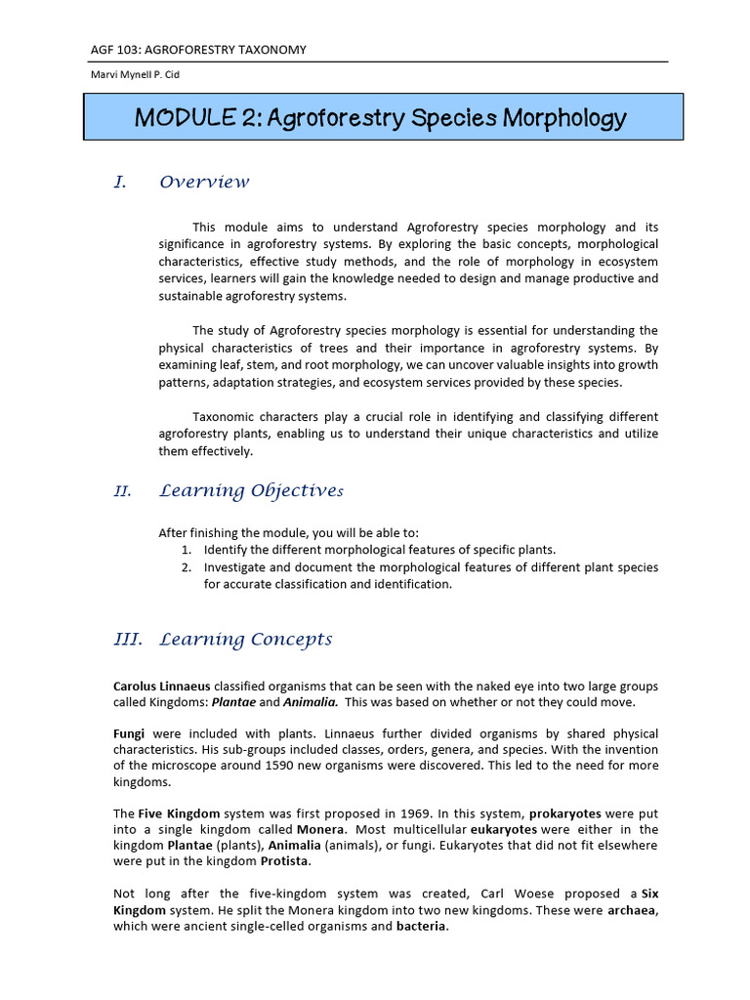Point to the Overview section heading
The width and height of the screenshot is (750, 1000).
[x=204, y=183]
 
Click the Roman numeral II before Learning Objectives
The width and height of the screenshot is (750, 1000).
[x=122, y=491]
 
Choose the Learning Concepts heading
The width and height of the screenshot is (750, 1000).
[x=245, y=640]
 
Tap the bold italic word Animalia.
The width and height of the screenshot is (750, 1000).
[x=311, y=702]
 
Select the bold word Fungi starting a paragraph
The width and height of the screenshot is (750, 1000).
[x=130, y=733]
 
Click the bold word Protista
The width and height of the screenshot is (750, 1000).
[x=286, y=861]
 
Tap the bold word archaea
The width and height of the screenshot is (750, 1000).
[x=633, y=910]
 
